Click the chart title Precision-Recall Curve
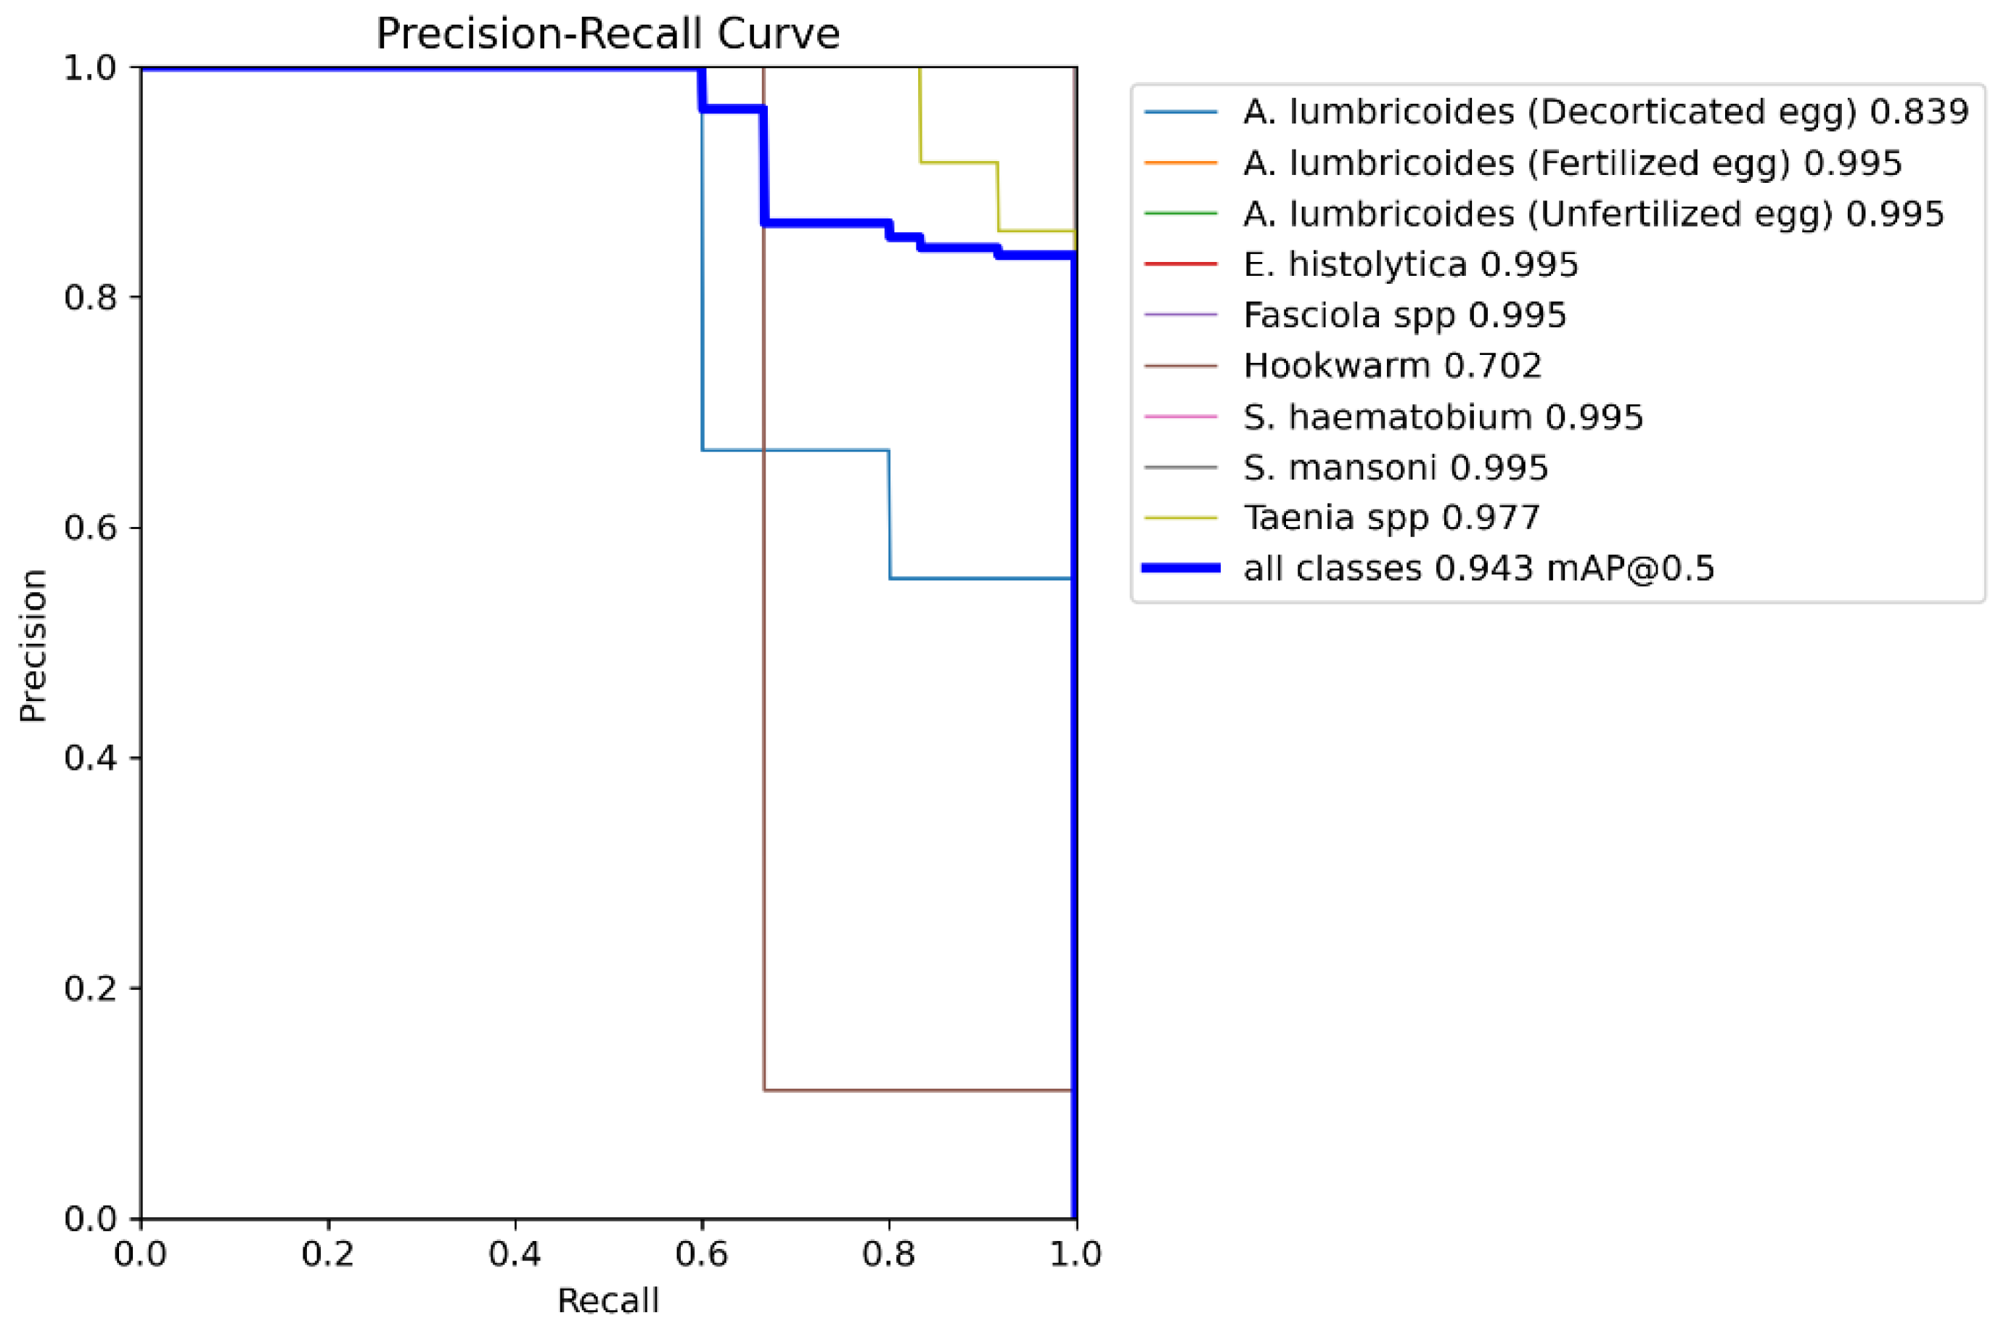click(x=607, y=35)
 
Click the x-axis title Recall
click(x=607, y=1301)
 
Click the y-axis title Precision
click(x=33, y=644)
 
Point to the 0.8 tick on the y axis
click(x=90, y=298)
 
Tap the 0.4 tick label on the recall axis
click(x=514, y=1253)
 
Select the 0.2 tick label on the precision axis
click(x=90, y=988)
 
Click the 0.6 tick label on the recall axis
click(x=701, y=1253)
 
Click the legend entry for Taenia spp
click(x=1391, y=517)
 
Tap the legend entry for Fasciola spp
click(x=1404, y=316)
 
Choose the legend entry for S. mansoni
click(x=1396, y=467)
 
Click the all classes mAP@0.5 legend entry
click(x=1478, y=568)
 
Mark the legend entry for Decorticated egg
click(x=1605, y=112)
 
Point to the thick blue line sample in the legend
click(x=1181, y=568)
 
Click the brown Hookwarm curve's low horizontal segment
click(x=917, y=1090)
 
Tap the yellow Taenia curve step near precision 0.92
click(x=958, y=162)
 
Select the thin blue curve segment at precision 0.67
click(x=795, y=450)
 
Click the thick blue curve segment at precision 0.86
click(x=824, y=224)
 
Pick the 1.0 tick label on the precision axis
click(x=90, y=67)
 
